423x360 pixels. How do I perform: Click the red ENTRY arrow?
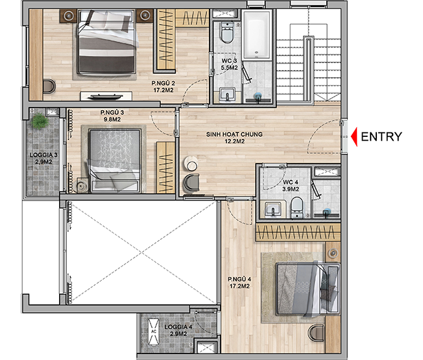[x=354, y=137]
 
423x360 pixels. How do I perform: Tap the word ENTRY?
[x=381, y=137]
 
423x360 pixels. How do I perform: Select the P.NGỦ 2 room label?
[x=162, y=86]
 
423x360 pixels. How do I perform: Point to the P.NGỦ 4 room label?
[x=239, y=282]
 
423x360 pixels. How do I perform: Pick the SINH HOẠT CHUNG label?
[x=234, y=138]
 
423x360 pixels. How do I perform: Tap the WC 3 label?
[x=229, y=64]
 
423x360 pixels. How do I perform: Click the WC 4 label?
[x=291, y=186]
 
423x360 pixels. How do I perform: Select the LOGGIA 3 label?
[x=43, y=158]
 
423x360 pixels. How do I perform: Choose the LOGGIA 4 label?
[x=178, y=330]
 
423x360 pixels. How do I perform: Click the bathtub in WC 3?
[x=256, y=34]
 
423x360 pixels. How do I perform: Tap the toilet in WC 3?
[x=227, y=32]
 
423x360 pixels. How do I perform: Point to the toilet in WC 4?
[x=297, y=207]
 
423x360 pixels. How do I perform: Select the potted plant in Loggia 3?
[x=40, y=121]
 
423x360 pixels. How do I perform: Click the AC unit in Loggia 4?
[x=154, y=331]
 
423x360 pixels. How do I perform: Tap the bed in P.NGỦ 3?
[x=115, y=161]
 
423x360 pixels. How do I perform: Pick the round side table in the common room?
[x=191, y=163]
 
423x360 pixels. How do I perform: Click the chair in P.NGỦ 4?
[x=316, y=333]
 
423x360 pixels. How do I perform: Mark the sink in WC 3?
[x=228, y=95]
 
